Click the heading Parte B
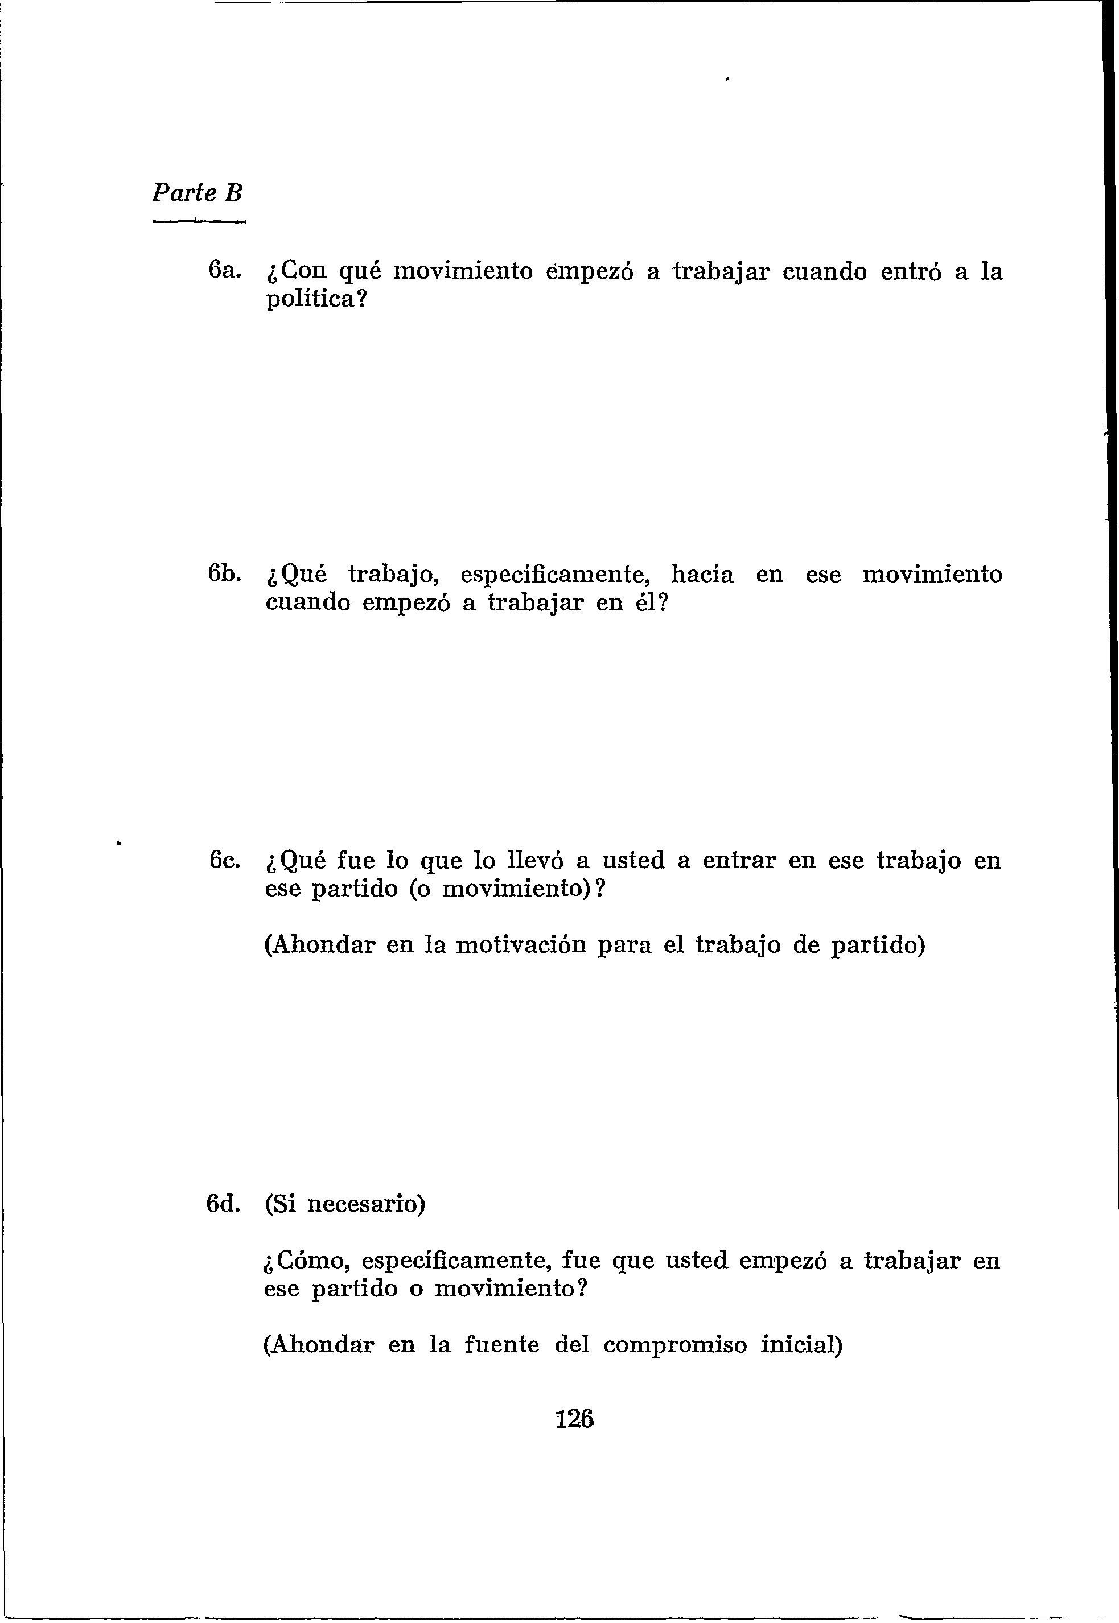coord(197,193)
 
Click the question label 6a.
coord(224,271)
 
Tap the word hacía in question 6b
coord(702,574)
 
